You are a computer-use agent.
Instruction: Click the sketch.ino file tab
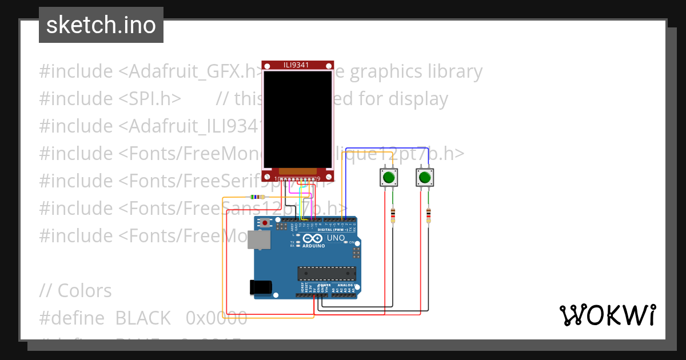tap(101, 25)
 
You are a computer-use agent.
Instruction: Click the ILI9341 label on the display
tap(296, 65)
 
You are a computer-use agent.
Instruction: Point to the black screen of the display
tap(297, 118)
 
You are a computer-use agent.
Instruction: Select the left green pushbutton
tap(389, 177)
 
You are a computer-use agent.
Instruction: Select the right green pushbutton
tap(424, 177)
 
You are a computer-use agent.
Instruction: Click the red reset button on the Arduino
tap(265, 222)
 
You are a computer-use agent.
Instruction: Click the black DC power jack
tap(260, 287)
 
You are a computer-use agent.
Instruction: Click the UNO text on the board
tap(336, 238)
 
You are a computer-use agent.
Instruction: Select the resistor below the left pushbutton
tap(393, 216)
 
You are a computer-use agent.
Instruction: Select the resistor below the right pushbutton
tap(428, 216)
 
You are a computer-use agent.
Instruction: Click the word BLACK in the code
tap(143, 318)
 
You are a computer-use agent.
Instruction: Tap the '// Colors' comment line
tap(75, 290)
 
